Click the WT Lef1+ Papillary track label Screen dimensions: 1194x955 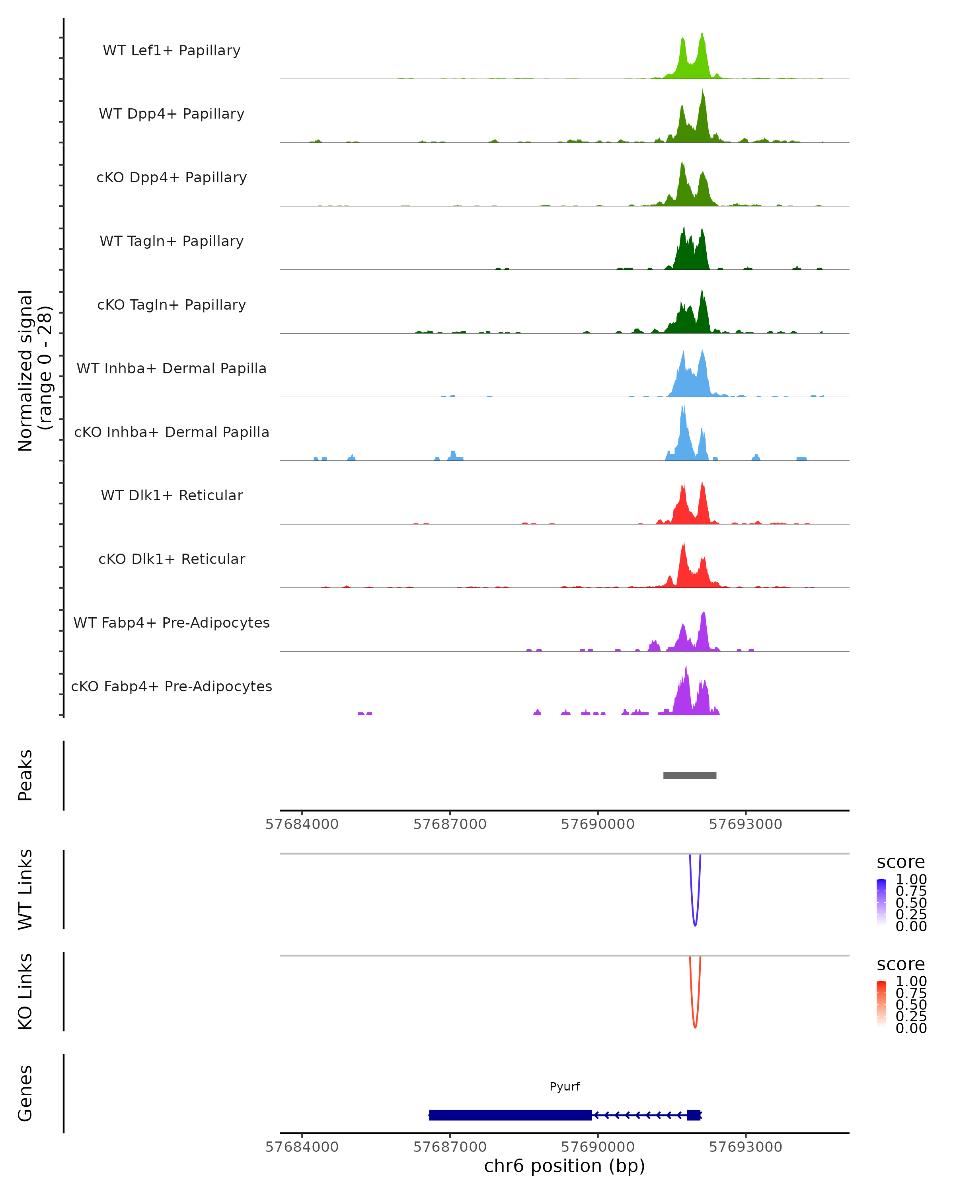172,51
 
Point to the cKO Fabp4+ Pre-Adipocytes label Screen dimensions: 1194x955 172,686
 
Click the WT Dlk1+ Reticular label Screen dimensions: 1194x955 172,495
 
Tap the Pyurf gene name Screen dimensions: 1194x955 564,1086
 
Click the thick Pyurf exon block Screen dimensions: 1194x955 510,1115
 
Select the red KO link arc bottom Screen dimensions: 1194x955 695,1027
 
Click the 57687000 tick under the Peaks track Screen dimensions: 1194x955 450,824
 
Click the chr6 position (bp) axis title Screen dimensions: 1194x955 564,1166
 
